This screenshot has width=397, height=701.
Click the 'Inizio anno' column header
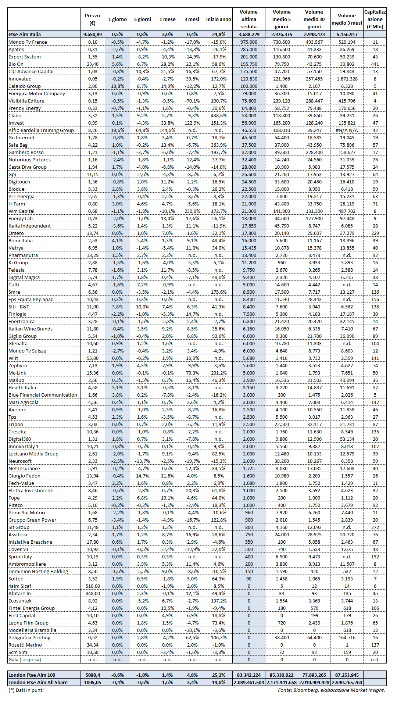(218, 19)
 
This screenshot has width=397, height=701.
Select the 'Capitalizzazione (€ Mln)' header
(375, 19)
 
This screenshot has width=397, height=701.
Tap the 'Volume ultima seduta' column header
(249, 19)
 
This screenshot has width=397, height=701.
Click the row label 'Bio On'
(16, 64)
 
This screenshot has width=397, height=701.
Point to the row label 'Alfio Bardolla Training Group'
(41, 130)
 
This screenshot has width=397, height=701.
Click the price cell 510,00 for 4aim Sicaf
(92, 586)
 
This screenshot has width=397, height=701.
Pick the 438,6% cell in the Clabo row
(218, 115)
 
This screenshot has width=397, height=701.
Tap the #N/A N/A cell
(347, 130)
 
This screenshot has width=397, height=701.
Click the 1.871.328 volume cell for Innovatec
(347, 79)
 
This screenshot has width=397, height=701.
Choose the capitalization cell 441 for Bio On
(375, 64)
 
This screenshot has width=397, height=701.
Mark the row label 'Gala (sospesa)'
(25, 659)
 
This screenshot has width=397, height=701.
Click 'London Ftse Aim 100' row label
(32, 675)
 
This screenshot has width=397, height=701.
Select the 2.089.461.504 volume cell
(249, 682)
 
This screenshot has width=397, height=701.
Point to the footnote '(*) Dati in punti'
(26, 690)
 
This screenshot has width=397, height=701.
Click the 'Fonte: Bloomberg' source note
(331, 690)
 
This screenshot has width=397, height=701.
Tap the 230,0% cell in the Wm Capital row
(192, 211)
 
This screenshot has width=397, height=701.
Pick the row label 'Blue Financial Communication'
(43, 395)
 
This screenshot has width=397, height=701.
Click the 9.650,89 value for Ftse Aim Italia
(92, 34)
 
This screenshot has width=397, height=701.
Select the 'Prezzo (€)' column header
(92, 19)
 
